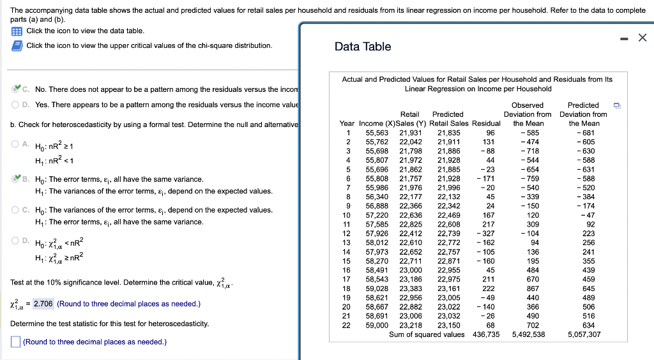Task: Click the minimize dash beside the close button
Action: click(x=623, y=38)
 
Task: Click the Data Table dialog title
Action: click(x=362, y=47)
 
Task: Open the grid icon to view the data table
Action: click(x=17, y=31)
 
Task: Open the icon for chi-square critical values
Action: click(x=17, y=45)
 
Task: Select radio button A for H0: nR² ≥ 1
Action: click(x=15, y=145)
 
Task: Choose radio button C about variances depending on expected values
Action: click(x=15, y=210)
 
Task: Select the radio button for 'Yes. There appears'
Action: click(x=15, y=105)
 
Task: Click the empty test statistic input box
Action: click(x=15, y=342)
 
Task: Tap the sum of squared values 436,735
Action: click(x=486, y=334)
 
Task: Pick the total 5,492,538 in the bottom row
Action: click(x=528, y=334)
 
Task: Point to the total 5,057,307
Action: click(x=584, y=334)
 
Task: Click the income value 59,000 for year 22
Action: click(x=377, y=325)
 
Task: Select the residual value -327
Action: click(x=486, y=234)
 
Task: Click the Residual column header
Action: click(x=486, y=123)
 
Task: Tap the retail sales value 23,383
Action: click(x=410, y=289)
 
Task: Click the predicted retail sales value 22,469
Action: click(x=449, y=215)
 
